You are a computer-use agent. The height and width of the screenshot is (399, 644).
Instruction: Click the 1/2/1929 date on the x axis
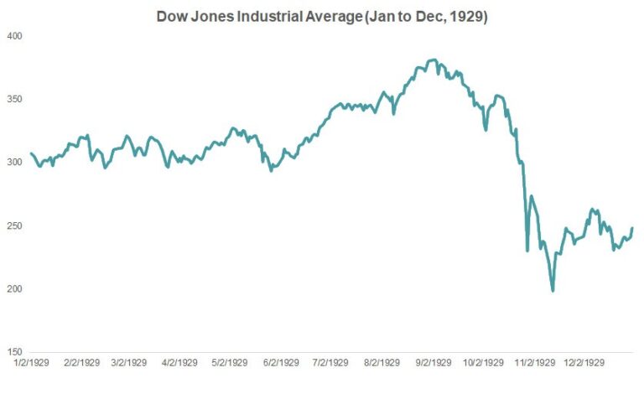point(30,364)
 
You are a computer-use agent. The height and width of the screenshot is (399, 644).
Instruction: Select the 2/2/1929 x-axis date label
point(80,364)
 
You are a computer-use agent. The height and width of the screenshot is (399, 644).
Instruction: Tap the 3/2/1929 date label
point(128,364)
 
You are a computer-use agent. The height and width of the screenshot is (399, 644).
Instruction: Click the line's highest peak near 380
point(432,60)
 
